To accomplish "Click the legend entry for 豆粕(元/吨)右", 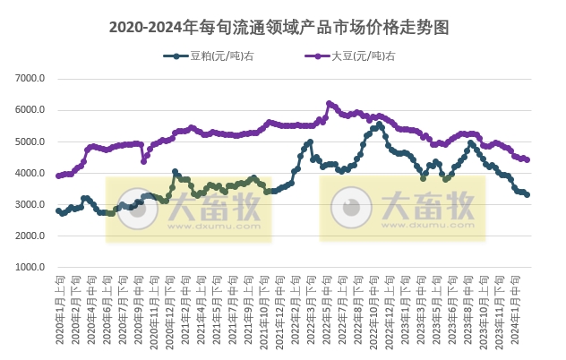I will [x=208, y=56].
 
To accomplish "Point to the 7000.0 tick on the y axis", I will [x=30, y=79].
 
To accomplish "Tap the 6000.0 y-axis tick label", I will [x=30, y=110].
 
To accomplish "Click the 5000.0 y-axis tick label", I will [x=30, y=141].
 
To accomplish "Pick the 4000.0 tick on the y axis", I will [x=30, y=173].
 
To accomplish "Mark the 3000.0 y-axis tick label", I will [x=30, y=204].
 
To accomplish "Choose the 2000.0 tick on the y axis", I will [x=30, y=236].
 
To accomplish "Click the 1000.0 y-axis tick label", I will [x=30, y=267].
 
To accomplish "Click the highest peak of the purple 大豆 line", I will [x=329, y=103].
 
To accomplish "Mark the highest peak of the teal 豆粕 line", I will [x=380, y=124].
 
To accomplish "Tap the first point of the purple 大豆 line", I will [x=58, y=176].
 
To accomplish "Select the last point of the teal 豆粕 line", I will [x=527, y=194].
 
